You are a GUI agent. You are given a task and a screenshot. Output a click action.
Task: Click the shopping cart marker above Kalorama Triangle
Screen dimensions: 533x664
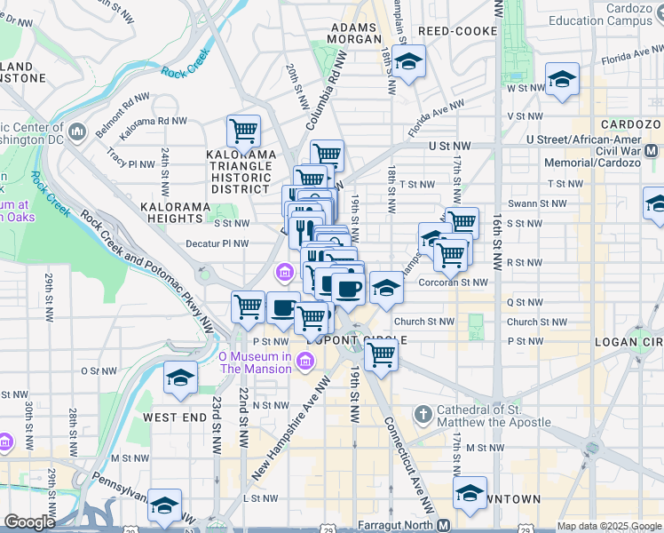click(x=243, y=131)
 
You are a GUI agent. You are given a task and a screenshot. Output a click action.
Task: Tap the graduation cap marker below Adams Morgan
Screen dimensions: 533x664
click(x=408, y=62)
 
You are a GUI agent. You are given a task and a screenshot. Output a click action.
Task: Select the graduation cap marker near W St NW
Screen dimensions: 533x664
click(x=561, y=80)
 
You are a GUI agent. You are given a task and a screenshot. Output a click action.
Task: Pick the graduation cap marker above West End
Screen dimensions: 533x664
click(x=180, y=378)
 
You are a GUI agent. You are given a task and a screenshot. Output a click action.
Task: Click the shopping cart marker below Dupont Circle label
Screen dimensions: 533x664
click(x=381, y=355)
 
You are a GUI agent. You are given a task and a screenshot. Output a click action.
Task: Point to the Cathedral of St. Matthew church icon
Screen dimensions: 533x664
click(x=423, y=415)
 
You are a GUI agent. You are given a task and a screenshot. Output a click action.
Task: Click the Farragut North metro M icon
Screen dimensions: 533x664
click(x=444, y=525)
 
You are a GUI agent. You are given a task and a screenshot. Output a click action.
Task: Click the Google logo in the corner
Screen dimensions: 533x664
click(x=30, y=522)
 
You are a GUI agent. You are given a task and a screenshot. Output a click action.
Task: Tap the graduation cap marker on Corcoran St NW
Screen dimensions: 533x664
click(x=386, y=287)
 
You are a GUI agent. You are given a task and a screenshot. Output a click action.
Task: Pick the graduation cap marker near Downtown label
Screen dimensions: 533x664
click(x=470, y=493)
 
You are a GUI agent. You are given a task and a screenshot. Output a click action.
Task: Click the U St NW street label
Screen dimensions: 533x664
click(x=449, y=145)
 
